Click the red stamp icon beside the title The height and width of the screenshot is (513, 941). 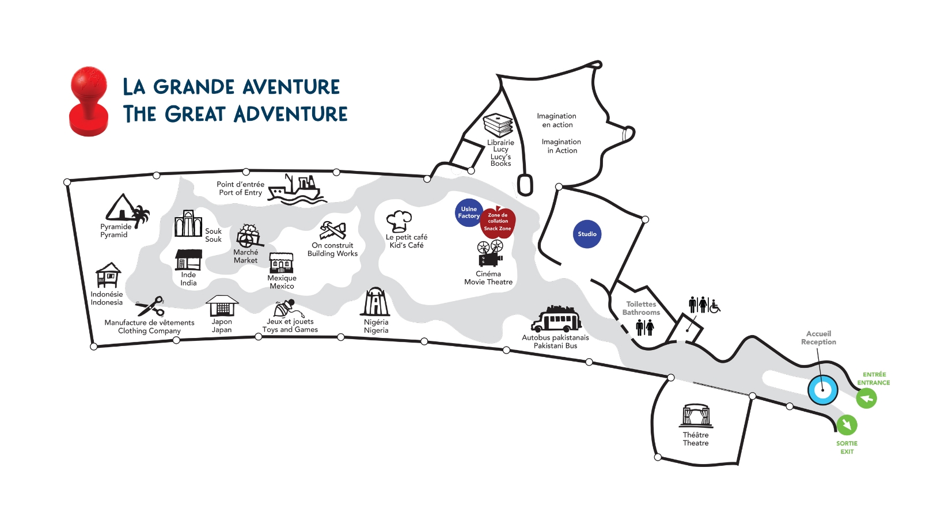(89, 102)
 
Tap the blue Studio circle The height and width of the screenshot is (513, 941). (587, 234)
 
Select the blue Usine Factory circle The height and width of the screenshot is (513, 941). (468, 212)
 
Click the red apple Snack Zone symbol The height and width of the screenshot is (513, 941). (498, 223)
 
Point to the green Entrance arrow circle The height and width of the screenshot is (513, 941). (866, 398)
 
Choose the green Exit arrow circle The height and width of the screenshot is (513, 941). (847, 425)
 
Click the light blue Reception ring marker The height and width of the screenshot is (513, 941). (822, 390)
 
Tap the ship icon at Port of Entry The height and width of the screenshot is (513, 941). (297, 189)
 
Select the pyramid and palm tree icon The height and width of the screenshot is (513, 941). (127, 210)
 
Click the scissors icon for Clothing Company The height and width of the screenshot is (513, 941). (151, 306)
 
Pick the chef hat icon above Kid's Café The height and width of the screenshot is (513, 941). (399, 221)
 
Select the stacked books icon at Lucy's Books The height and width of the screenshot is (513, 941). (498, 124)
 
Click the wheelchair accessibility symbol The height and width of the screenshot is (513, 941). (714, 306)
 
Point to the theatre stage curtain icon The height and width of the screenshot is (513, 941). (696, 416)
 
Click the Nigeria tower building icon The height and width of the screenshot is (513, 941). (375, 302)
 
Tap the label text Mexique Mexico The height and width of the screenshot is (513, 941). (282, 282)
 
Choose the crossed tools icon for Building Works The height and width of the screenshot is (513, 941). (333, 231)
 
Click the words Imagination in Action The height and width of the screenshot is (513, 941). (561, 146)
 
